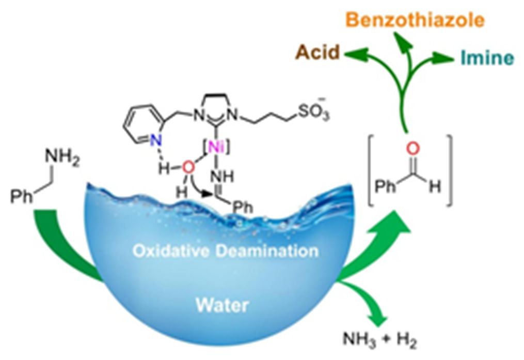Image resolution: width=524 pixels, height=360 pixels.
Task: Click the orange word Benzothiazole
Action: pos(416,20)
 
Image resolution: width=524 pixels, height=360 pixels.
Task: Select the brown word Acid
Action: pos(318,53)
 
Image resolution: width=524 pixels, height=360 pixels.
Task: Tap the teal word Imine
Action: pos(487,58)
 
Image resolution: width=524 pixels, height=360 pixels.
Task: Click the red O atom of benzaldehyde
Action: pos(413,149)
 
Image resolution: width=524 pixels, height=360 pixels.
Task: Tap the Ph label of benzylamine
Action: pos(22,196)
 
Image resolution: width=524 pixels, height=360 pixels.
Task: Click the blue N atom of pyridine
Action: pos(156,140)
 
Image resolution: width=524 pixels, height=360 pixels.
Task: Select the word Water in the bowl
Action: pos(222,305)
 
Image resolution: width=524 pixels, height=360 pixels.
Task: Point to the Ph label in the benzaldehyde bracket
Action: pos(385,186)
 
